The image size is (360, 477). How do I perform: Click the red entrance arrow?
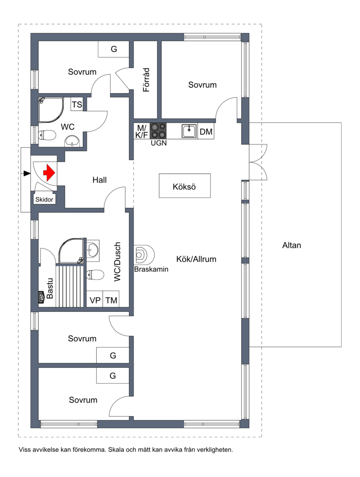coord(49,173)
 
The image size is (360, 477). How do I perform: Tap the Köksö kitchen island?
coord(184,186)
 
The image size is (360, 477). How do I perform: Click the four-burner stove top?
coord(158,131)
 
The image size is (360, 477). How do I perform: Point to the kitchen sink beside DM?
coord(189,131)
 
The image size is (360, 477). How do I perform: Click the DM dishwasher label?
coord(206,132)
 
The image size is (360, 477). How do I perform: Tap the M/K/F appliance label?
coord(141,131)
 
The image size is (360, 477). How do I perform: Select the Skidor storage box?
coord(44,199)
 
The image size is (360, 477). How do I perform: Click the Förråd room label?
coord(146,80)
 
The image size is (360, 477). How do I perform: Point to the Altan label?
coord(292,245)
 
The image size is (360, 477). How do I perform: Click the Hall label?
coord(99,180)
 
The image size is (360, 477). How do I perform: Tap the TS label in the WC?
coord(77,104)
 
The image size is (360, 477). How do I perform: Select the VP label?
coord(95,300)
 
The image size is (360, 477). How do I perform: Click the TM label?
coord(111,300)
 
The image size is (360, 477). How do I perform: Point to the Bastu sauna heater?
coord(42,297)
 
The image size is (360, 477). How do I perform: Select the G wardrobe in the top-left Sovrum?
coord(113,49)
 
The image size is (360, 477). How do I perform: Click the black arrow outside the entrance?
coord(27,173)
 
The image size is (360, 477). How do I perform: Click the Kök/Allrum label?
coord(196,259)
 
